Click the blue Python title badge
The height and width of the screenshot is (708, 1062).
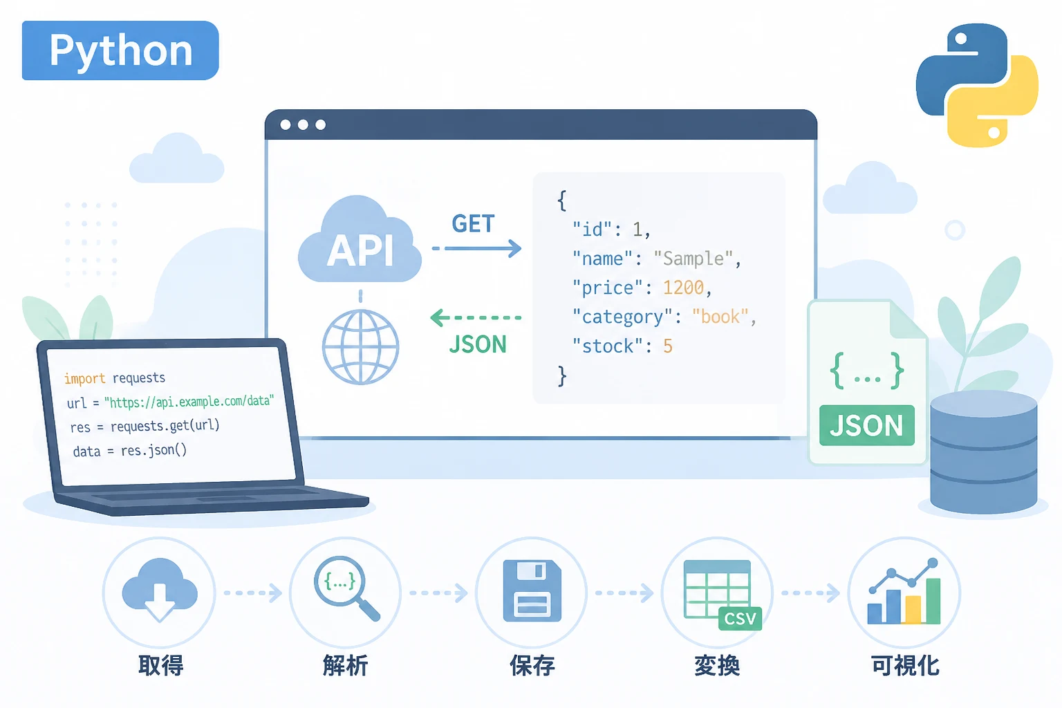120,50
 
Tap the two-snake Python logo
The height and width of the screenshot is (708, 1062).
977,85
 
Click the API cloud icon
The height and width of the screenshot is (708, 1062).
360,240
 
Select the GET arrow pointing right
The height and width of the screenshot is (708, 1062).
477,248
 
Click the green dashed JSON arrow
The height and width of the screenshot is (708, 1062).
476,318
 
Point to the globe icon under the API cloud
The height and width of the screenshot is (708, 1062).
360,346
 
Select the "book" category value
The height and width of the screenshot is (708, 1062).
720,316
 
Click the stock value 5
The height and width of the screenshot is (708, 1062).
667,346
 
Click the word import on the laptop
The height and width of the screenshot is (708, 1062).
84,378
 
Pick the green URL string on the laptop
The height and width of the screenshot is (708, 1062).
189,402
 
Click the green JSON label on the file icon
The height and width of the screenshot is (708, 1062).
866,425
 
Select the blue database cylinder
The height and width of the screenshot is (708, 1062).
984,452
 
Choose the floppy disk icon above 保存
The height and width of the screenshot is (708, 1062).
532,591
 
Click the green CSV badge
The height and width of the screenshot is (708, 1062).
740,618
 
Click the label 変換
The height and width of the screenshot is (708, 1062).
717,665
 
